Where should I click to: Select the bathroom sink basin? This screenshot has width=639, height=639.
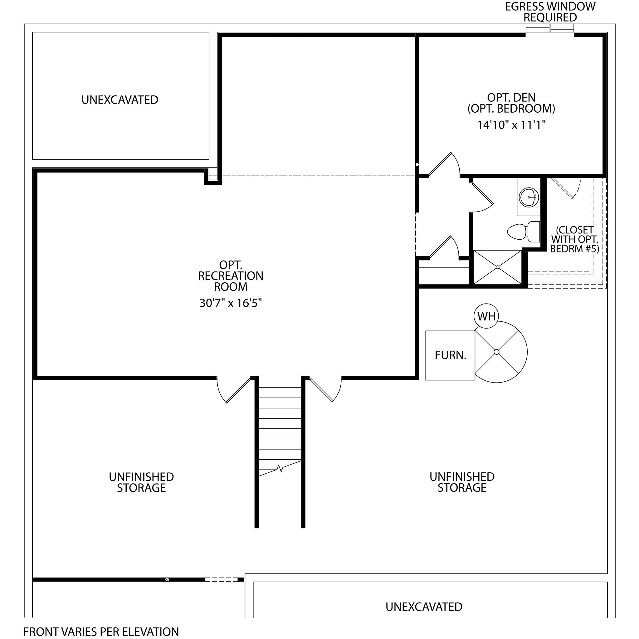click(x=529, y=198)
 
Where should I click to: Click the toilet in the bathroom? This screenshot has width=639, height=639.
click(x=524, y=232)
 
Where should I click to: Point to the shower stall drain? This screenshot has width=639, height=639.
click(x=498, y=267)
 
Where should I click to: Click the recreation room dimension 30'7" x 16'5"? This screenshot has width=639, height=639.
click(x=231, y=303)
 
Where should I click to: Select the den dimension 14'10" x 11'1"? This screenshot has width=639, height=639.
click(x=511, y=125)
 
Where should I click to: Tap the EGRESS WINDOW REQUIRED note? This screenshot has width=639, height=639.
click(x=550, y=12)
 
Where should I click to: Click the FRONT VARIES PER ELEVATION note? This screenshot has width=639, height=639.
click(x=101, y=632)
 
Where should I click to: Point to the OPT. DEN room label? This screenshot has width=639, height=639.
click(x=511, y=97)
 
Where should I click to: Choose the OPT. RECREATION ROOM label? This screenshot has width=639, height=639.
click(x=231, y=276)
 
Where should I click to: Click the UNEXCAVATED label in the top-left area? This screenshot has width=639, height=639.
click(x=120, y=100)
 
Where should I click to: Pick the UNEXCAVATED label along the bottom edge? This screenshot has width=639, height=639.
click(x=424, y=607)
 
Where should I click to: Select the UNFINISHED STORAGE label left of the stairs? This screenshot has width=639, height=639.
click(x=141, y=482)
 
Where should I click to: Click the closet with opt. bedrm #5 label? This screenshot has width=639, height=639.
click(x=574, y=239)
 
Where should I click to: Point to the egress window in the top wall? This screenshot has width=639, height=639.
click(x=550, y=28)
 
